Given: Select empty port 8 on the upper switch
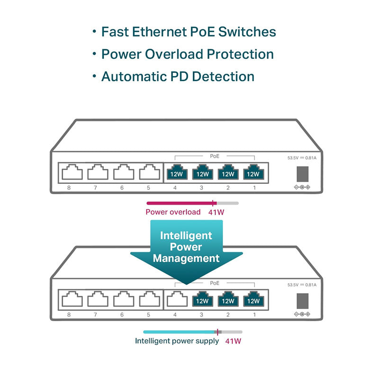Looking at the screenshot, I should coord(71,172).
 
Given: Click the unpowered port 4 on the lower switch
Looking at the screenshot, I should coord(177,299).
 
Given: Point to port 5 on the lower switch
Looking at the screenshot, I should coord(149,299).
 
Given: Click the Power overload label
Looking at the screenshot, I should coord(173,212).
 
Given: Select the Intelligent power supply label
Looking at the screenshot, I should coord(177,341).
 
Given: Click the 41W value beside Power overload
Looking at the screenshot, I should coord(216,212).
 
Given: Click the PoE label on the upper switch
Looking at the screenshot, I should coord(215,155).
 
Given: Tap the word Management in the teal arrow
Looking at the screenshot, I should coord(186,258).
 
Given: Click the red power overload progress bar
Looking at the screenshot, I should coord(180,203).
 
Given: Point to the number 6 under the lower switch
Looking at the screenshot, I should coord(122,315).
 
